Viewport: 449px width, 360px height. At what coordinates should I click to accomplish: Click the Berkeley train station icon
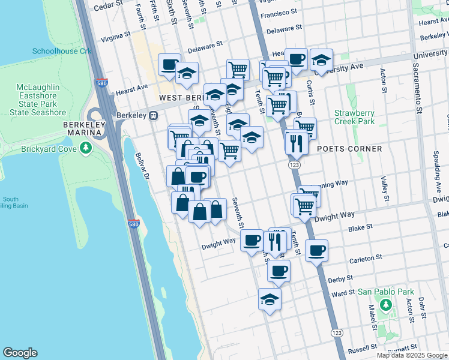click(154, 115)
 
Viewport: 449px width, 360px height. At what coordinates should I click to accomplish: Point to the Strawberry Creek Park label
click(354, 117)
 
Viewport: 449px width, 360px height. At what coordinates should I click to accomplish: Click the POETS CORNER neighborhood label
click(349, 149)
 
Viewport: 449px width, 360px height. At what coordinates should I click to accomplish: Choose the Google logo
click(20, 353)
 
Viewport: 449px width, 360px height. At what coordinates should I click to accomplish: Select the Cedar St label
click(107, 6)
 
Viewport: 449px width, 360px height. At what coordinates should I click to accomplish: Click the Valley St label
click(384, 188)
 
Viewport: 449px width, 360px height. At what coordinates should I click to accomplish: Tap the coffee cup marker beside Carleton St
click(316, 250)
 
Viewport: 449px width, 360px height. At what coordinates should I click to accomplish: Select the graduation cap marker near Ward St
click(270, 298)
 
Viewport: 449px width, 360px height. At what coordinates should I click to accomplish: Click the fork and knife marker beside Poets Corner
click(296, 142)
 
